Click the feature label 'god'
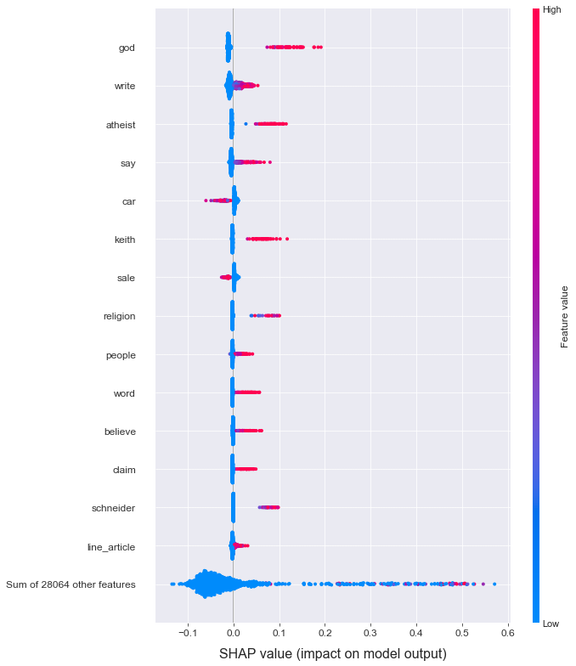pos(127,48)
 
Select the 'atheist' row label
pos(120,125)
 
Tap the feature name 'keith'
pos(124,240)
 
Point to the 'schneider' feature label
pos(113,508)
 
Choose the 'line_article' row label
pos(111,546)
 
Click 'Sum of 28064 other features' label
pos(71,584)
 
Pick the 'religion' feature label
pos(118,317)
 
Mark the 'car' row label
pos(128,201)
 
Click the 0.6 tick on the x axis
pos(507,633)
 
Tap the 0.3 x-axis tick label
pos(370,633)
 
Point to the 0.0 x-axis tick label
pos(233,633)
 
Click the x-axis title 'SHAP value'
pos(332,653)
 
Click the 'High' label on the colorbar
pos(551,10)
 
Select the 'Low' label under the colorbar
pos(551,624)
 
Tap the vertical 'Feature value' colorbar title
pos(564,317)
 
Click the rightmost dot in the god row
pos(320,47)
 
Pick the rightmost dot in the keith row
pos(287,239)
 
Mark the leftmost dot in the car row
pos(206,200)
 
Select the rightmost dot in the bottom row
pos(494,584)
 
